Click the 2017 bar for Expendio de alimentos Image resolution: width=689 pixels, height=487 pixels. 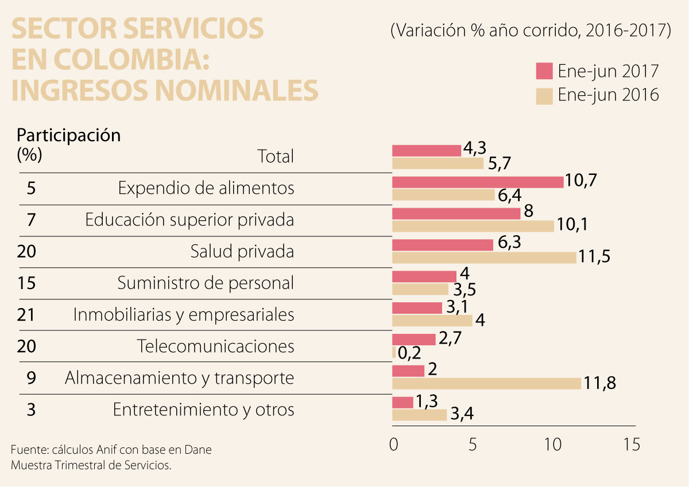pos(478,182)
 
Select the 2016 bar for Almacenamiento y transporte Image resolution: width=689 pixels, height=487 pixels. pos(486,384)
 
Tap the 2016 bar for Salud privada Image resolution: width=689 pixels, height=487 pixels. pos(484,258)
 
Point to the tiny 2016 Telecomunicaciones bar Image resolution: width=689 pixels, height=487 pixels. pos(394,352)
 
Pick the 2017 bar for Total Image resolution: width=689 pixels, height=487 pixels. pos(427,150)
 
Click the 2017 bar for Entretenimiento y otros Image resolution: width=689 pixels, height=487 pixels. pos(402,403)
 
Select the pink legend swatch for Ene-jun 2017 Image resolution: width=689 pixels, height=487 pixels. pos(544,71)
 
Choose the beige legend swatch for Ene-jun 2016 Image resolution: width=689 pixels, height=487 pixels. pos(544,96)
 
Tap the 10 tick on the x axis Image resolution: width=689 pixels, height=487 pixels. pos(552,445)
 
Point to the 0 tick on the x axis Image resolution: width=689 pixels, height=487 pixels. pos(393,445)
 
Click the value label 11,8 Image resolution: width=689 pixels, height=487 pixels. pos(601,383)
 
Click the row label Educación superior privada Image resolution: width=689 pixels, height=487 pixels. pos(189,220)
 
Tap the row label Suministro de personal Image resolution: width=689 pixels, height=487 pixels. pos(206,283)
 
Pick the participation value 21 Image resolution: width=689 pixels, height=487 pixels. pos(26,314)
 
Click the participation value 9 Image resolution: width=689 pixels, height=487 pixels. pos(32,377)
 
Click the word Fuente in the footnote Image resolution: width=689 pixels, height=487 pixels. pos(25,450)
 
